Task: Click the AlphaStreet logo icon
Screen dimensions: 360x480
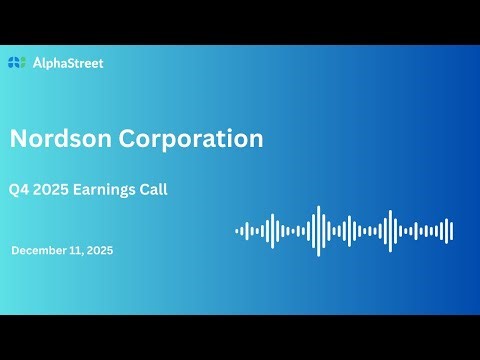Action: (x=17, y=63)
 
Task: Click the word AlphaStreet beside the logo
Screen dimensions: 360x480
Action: (x=67, y=63)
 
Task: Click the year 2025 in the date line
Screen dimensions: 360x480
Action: (x=100, y=251)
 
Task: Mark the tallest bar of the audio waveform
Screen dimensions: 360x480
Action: (x=318, y=231)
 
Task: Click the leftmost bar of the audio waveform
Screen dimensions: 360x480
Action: (x=237, y=231)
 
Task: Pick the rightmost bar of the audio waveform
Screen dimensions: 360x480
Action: (x=452, y=231)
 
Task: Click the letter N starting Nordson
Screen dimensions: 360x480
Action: (x=19, y=138)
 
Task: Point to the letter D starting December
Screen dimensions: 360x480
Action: (x=16, y=251)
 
